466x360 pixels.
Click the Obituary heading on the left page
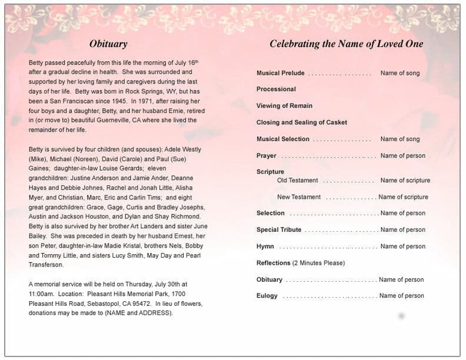(108, 44)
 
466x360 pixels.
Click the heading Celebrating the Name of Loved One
(346, 44)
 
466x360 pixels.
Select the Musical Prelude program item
(280, 74)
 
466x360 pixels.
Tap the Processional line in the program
(276, 89)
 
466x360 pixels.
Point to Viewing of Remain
(284, 106)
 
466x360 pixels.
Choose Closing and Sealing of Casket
(301, 122)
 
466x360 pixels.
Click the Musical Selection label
(282, 139)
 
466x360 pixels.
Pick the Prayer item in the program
(266, 156)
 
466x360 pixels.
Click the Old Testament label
(297, 181)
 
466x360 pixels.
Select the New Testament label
(299, 197)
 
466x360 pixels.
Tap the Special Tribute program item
(279, 230)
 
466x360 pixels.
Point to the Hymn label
(265, 246)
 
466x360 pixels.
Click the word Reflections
(273, 263)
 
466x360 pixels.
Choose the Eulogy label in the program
(267, 296)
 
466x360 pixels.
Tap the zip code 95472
(140, 304)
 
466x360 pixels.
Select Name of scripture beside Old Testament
(405, 181)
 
